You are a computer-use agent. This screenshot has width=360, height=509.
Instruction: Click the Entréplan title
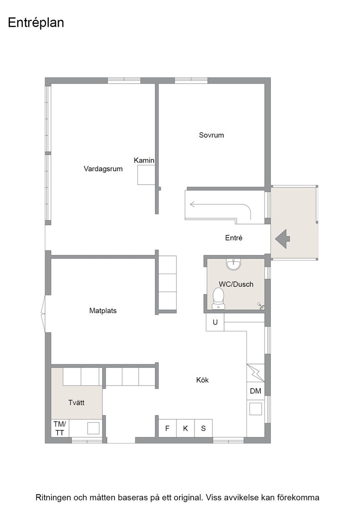point(36,23)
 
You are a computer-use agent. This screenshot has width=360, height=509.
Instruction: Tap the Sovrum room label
point(211,135)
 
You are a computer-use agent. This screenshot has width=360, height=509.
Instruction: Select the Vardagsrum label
point(103,169)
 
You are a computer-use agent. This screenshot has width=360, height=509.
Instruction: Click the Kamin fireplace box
point(146,175)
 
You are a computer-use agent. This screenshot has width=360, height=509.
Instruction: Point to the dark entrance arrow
point(282,239)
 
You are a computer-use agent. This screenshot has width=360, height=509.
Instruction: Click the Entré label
point(234,238)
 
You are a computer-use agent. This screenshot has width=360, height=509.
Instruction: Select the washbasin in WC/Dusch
point(234,264)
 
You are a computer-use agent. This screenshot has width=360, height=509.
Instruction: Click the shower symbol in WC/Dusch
point(261,305)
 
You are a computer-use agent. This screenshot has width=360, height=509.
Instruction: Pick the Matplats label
point(103,311)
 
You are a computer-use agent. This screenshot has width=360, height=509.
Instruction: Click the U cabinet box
point(215,322)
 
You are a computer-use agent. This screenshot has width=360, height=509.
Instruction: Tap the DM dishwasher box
point(255,391)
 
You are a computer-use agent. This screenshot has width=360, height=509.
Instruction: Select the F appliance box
point(168,428)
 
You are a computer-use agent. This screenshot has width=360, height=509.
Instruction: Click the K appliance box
point(185,428)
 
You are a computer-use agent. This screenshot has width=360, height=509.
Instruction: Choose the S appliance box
point(204,428)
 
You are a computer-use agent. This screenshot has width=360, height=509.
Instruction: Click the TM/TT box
point(60,428)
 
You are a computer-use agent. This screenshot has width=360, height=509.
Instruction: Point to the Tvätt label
point(76,403)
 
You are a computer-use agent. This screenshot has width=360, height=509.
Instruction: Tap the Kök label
point(202,380)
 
